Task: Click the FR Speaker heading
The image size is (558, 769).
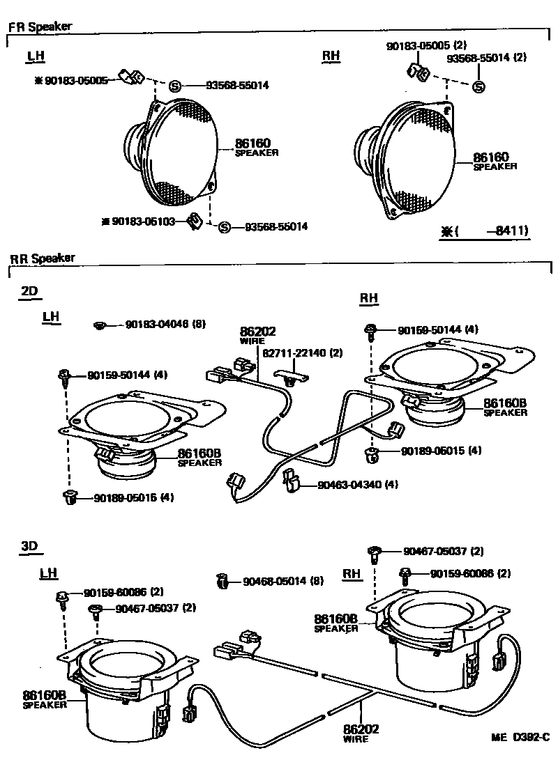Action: tap(40, 28)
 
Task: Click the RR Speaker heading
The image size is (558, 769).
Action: tap(43, 258)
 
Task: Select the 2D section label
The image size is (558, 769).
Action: tap(29, 291)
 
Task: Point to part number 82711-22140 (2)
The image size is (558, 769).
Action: tap(303, 353)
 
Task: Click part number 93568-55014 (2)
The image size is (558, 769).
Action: tap(492, 58)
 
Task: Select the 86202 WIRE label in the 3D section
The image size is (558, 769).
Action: tap(361, 733)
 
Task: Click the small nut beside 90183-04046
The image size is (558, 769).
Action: tap(100, 325)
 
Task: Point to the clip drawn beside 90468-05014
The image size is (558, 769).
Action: tap(223, 581)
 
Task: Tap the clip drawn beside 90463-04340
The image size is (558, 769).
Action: tap(292, 481)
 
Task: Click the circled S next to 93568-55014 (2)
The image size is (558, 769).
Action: tap(478, 87)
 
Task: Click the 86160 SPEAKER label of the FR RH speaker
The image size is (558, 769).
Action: tap(495, 162)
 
